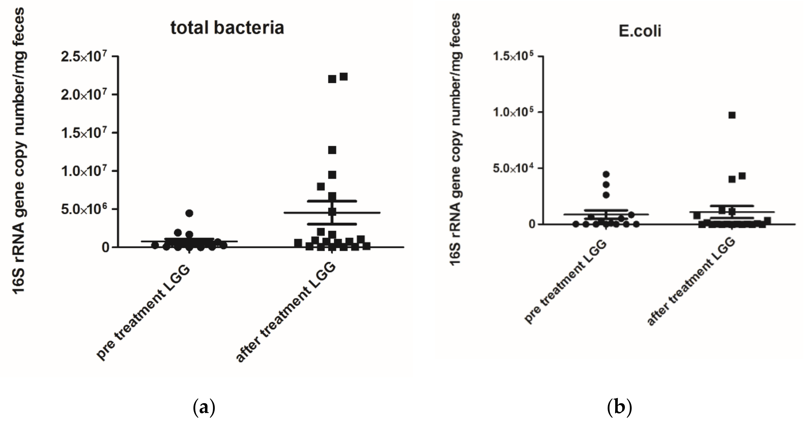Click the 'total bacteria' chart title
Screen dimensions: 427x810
(227, 28)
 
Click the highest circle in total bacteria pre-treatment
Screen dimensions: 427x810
(189, 213)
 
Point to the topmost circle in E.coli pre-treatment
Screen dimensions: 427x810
(606, 174)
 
